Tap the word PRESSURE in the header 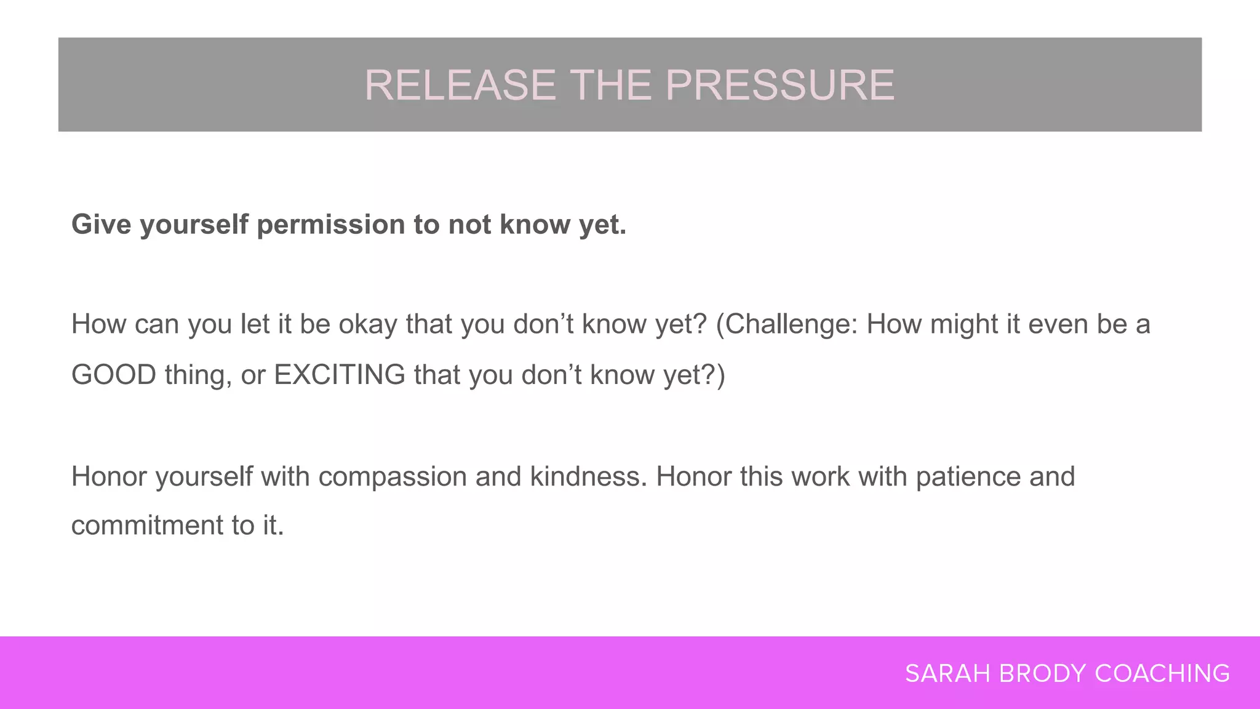tap(780, 85)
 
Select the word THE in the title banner tap(610, 85)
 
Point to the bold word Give tap(101, 224)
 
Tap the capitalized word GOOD tap(114, 375)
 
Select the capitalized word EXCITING tap(340, 375)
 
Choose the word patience tap(968, 477)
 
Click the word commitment tap(147, 526)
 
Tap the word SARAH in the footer tap(947, 674)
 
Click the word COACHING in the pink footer tap(1162, 674)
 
